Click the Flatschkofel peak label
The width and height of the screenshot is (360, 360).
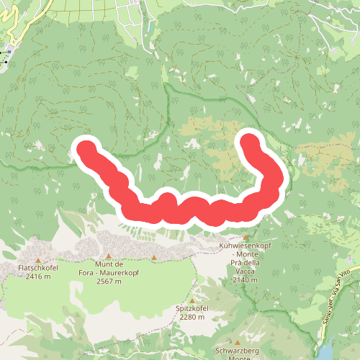pos(38,269)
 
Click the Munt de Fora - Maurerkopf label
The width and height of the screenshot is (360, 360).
pos(109,269)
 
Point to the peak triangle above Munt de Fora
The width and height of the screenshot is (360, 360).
pos(109,256)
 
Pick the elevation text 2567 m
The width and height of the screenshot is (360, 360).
pos(109,281)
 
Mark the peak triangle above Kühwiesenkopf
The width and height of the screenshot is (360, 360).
pos(246,238)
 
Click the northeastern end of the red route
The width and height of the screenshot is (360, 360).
pos(249,140)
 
